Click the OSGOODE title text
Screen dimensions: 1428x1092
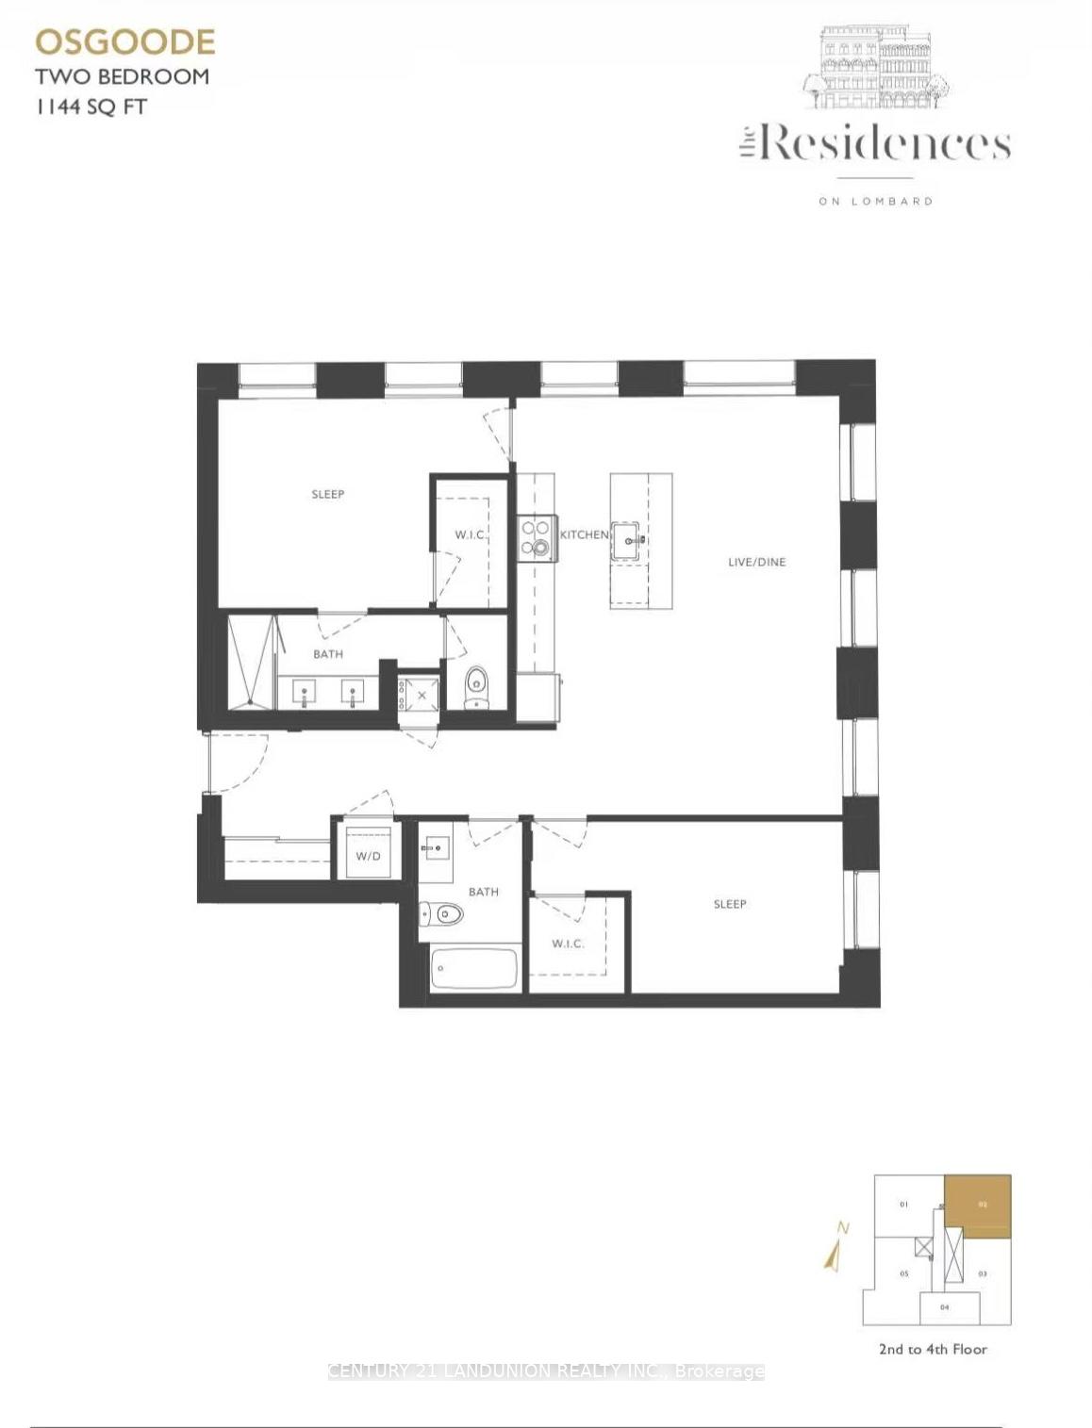pos(125,41)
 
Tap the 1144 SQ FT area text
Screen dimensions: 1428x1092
pos(91,107)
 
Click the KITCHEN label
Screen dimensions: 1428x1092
pos(585,534)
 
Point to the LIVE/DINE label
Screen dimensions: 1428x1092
pos(756,562)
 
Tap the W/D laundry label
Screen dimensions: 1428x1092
pos(368,856)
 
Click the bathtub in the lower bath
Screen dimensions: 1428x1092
pos(474,968)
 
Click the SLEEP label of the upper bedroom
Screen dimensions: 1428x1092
pos(328,494)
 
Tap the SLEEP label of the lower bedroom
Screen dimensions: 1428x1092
pos(730,904)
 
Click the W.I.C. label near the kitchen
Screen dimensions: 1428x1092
pos(471,534)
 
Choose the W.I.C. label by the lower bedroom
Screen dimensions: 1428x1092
pos(568,944)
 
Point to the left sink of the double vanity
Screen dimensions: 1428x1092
pos(306,693)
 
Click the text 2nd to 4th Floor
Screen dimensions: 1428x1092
pos(933,1349)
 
